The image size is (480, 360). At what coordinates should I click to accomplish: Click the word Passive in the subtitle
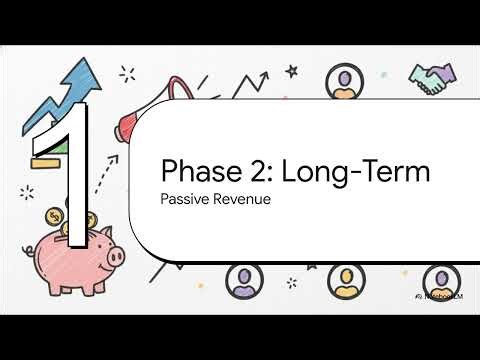pyautogui.click(x=185, y=199)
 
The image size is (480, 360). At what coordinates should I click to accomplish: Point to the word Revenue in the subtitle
pyautogui.click(x=244, y=199)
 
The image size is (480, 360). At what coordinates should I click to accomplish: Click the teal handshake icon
pyautogui.click(x=432, y=80)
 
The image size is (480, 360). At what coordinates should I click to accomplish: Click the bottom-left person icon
pyautogui.click(x=244, y=279)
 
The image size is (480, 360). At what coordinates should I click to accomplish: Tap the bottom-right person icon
pyautogui.click(x=436, y=279)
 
